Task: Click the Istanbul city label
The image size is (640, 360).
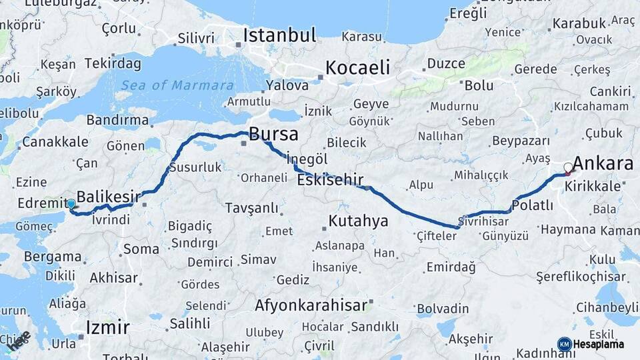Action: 279,35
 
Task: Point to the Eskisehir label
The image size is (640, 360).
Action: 330,179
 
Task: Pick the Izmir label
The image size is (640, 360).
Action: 108,327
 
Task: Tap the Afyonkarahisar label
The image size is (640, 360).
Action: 311,305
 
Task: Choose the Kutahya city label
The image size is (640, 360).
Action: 359,221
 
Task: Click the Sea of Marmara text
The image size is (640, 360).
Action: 177,85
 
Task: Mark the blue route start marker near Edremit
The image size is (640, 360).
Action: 71,203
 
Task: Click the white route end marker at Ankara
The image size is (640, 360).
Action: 568,167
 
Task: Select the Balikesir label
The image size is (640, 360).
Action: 109,196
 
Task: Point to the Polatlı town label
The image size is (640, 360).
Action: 533,205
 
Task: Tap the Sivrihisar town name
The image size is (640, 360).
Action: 484,220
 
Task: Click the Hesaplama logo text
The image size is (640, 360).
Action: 600,344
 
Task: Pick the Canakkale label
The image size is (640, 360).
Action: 55,141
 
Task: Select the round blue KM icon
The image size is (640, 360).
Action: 564,344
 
